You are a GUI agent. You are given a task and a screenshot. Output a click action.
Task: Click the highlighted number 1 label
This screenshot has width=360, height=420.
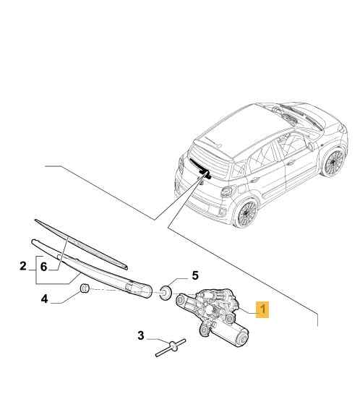tap(265, 311)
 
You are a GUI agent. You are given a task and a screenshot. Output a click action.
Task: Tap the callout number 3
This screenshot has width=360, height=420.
tap(141, 335)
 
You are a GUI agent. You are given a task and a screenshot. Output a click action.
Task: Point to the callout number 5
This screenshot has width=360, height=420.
tap(194, 275)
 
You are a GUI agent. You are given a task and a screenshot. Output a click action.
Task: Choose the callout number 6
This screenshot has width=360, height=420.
tap(43, 267)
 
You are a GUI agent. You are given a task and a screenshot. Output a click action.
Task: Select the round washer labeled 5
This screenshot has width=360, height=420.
tap(166, 291)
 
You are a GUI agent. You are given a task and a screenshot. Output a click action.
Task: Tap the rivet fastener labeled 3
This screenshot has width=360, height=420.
tap(169, 347)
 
